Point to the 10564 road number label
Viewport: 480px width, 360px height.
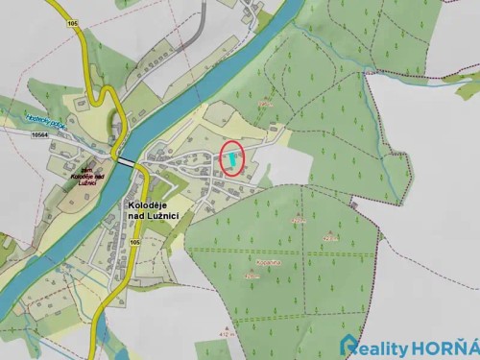click(x=40, y=136)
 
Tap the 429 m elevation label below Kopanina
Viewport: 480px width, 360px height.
click(x=252, y=276)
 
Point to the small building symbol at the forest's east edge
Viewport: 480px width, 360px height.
click(x=356, y=202)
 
